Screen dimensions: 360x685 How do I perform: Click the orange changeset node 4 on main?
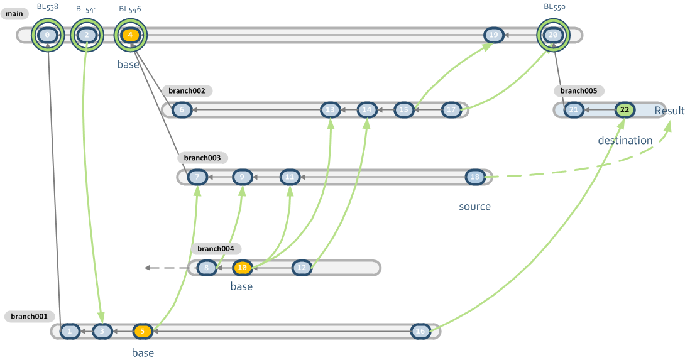[130, 35]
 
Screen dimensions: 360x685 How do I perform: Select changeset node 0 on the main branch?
[48, 35]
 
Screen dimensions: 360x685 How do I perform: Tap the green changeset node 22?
[624, 110]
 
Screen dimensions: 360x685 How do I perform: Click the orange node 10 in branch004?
[243, 268]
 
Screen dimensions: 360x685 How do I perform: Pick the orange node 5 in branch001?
[143, 331]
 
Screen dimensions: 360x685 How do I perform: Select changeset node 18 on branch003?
[475, 177]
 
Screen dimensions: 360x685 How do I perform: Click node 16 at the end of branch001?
[420, 331]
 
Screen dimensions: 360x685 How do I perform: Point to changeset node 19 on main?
[494, 35]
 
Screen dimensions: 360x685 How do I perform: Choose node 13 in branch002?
[331, 110]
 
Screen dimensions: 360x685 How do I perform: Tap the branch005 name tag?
[579, 90]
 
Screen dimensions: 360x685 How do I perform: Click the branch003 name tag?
[202, 158]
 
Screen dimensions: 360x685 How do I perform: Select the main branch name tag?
[14, 14]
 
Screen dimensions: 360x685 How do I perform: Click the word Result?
[669, 111]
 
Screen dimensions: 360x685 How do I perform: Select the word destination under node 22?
[625, 140]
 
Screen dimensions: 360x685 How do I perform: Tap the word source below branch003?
[474, 206]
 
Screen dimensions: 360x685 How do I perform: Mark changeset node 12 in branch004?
[302, 268]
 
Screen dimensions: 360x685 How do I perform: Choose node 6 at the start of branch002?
[182, 110]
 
